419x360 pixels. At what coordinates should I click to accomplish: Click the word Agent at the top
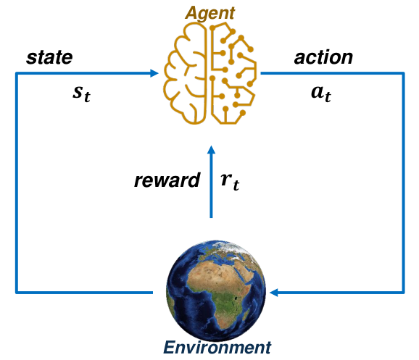(209, 13)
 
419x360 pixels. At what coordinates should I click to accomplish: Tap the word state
(49, 57)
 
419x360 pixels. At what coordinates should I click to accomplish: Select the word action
(323, 57)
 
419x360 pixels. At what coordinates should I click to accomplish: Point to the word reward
(167, 180)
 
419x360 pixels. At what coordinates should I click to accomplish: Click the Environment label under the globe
(217, 348)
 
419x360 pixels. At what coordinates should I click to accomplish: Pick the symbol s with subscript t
(81, 93)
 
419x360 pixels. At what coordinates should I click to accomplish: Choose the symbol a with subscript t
(321, 93)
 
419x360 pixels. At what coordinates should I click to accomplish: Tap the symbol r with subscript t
(230, 182)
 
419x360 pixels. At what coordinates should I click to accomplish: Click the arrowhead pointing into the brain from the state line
(154, 73)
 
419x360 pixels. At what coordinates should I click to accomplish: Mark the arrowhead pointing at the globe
(274, 293)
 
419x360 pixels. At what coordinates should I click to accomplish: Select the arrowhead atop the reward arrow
(211, 150)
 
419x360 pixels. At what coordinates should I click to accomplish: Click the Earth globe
(216, 290)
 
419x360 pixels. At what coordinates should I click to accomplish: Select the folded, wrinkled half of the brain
(185, 73)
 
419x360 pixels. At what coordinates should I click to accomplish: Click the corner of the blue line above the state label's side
(17, 73)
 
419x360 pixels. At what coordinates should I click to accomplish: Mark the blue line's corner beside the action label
(404, 73)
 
